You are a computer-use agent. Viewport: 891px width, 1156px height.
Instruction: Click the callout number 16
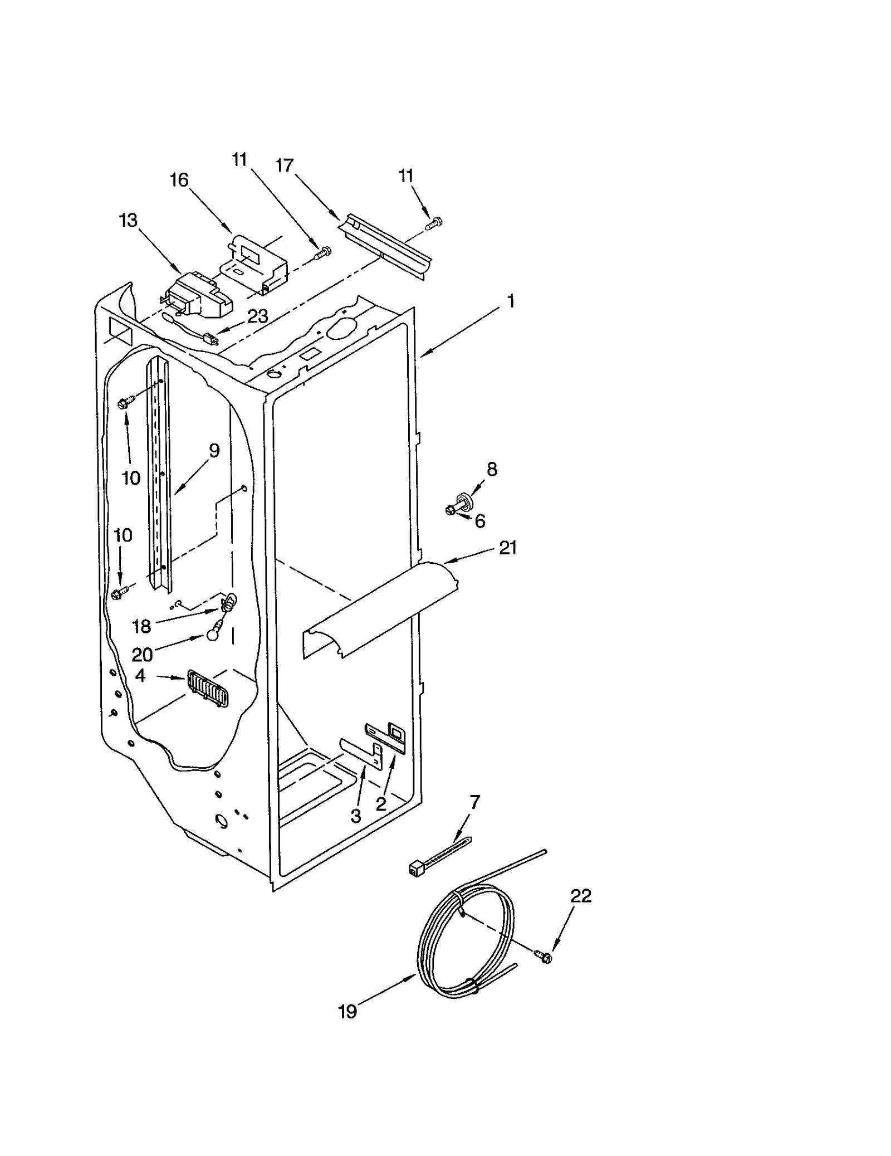click(179, 180)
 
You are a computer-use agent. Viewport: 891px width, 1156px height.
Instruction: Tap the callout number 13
click(128, 221)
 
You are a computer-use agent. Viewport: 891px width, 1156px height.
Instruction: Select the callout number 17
click(285, 165)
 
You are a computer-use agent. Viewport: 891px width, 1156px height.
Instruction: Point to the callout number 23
click(258, 316)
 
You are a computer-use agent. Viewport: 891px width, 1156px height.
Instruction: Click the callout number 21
click(508, 548)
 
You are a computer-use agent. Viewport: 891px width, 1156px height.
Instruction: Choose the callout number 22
click(580, 896)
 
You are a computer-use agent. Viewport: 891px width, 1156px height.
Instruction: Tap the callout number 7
click(474, 802)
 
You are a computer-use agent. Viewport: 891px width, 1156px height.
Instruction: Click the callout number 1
click(511, 301)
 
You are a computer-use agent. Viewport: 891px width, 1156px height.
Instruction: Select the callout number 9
click(214, 451)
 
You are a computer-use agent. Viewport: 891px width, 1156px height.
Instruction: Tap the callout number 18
click(141, 627)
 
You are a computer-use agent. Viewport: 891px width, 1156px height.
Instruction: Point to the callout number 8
click(492, 469)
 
